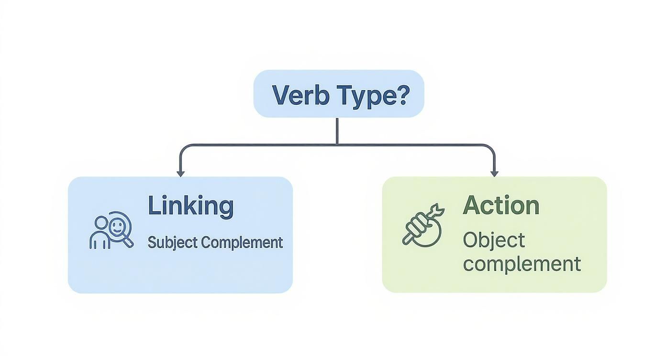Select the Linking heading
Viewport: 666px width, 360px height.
(190, 206)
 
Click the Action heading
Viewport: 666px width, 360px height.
(501, 206)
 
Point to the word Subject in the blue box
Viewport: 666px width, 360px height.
(172, 242)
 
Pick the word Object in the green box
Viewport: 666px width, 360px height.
(494, 240)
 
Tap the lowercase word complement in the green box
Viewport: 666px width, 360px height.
(522, 264)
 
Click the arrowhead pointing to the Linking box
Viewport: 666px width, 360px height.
(180, 173)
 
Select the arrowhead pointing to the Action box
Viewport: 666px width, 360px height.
(494, 173)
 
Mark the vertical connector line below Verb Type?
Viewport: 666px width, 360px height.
(337, 130)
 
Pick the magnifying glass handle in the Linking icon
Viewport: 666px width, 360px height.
(128, 241)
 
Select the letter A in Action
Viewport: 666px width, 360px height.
(471, 206)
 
